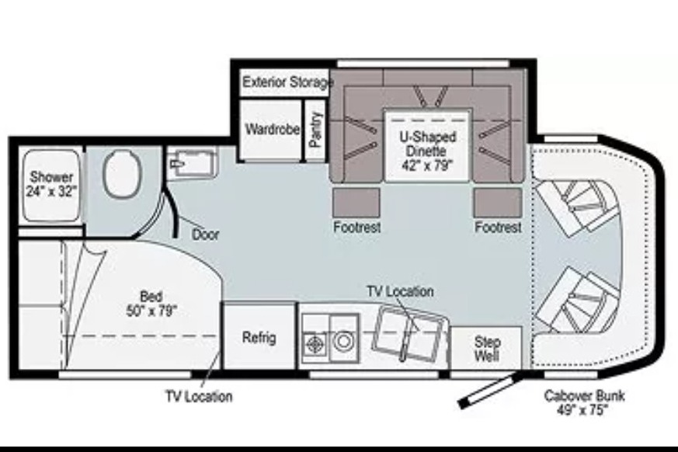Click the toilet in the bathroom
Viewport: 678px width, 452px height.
point(123,175)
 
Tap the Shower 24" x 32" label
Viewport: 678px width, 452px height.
point(51,184)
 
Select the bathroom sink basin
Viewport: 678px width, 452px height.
point(192,163)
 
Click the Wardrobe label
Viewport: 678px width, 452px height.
point(273,129)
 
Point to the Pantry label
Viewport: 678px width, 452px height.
point(315,130)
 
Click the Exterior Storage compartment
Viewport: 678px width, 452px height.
point(284,82)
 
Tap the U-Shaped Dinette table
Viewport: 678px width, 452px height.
point(427,145)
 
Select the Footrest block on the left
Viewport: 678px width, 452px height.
point(356,202)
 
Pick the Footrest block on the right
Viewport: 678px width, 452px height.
point(498,202)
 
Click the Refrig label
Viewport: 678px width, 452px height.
point(259,337)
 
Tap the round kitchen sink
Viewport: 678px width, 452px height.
point(344,341)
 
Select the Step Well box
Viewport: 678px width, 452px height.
point(486,348)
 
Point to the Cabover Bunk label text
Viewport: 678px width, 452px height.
point(584,402)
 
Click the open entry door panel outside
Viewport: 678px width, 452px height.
point(489,391)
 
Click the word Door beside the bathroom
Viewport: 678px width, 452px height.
point(205,235)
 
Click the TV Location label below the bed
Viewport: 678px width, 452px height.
point(199,396)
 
